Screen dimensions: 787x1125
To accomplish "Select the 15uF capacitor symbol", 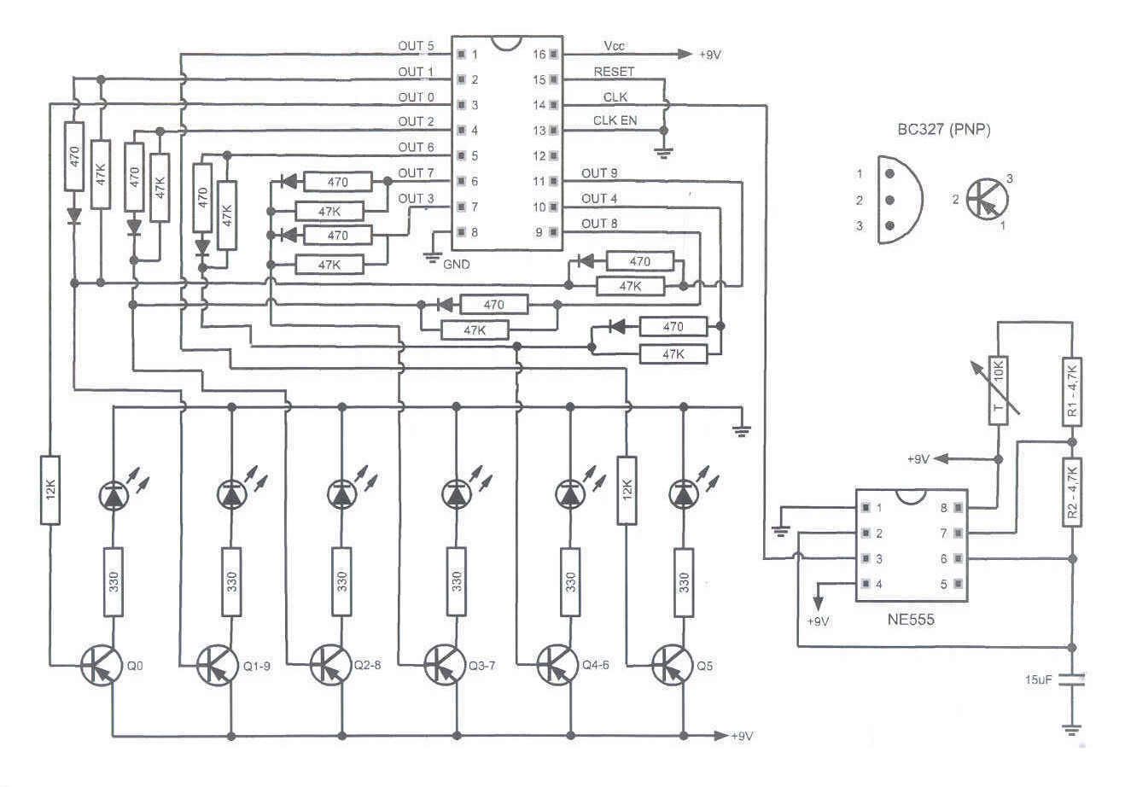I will (1073, 680).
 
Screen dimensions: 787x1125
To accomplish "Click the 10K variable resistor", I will (1000, 389).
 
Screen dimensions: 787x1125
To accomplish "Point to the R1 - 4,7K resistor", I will (1073, 390).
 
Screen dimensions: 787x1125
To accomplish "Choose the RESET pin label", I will (613, 72).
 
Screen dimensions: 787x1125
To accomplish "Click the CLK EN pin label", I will (615, 120).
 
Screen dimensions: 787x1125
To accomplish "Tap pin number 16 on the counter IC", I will (539, 54).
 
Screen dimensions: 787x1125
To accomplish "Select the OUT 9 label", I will (599, 173).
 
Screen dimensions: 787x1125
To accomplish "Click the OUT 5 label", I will (416, 46).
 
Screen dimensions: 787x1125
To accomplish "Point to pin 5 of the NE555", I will (943, 585).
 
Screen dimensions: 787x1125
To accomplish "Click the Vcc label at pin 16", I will (614, 46).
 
